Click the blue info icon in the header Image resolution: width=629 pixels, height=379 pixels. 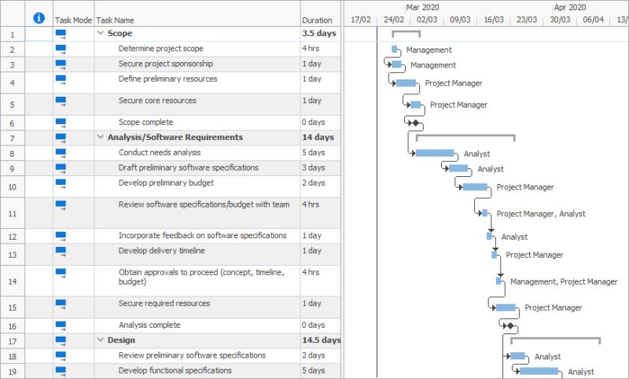pos(39,19)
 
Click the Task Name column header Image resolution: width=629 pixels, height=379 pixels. pos(115,20)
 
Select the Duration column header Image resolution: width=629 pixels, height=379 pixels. pos(317,20)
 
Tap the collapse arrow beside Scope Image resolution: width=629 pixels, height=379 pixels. pos(100,34)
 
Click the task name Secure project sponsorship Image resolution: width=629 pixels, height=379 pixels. pos(165,64)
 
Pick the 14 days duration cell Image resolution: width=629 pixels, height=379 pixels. pos(318,138)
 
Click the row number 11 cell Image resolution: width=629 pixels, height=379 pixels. pos(13,213)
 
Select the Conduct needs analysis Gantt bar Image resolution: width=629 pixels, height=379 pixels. pos(434,153)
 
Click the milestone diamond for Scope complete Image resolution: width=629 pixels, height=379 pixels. pos(415,123)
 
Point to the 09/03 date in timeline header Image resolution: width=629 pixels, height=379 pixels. pos(461,20)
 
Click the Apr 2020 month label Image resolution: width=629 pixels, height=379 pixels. pos(570,7)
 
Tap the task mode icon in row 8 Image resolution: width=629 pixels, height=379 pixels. pos(61,153)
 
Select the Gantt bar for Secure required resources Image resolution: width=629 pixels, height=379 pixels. pos(506,307)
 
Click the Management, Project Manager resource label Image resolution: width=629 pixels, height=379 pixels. pos(563,281)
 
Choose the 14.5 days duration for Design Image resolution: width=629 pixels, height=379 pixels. pos(321,340)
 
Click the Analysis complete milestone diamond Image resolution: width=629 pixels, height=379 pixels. pos(509,326)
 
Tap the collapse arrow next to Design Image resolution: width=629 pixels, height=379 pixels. pos(100,340)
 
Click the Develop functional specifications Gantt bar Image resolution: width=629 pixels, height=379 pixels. pos(539,371)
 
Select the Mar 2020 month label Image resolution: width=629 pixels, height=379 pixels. pos(422,7)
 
